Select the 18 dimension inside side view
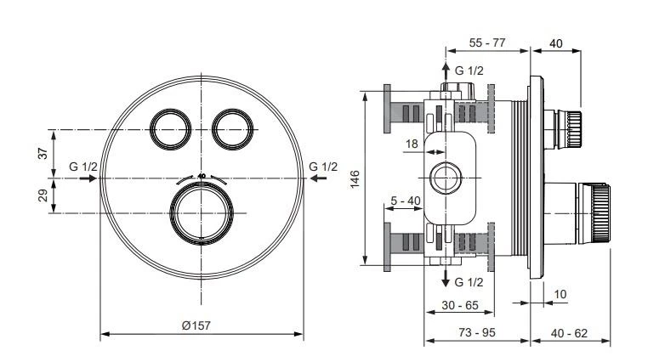click(x=412, y=144)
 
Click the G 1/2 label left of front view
click(x=83, y=166)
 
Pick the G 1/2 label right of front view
click(x=323, y=166)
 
